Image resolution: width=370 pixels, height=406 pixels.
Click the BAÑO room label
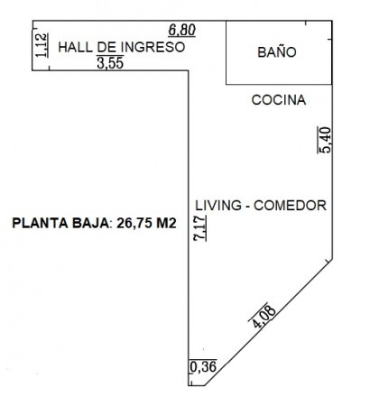click(277, 51)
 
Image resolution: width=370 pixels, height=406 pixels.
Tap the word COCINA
click(279, 100)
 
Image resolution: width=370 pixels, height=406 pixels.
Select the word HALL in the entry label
click(76, 47)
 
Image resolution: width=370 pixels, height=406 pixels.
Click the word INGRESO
click(153, 47)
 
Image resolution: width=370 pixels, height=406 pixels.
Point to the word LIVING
click(218, 206)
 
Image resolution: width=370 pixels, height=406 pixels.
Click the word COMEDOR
click(290, 206)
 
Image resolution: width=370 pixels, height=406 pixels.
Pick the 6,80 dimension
click(182, 31)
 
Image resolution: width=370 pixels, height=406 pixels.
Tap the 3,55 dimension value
click(110, 62)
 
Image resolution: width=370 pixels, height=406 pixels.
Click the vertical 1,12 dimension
click(42, 45)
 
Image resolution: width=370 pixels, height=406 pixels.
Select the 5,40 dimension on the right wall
click(325, 140)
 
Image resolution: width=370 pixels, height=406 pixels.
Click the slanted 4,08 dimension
click(263, 317)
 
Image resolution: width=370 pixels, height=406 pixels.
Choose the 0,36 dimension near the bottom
click(203, 366)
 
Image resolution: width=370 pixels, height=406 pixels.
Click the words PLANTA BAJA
click(60, 223)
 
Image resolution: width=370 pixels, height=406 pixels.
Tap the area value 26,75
click(134, 224)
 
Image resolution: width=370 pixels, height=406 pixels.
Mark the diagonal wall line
click(268, 322)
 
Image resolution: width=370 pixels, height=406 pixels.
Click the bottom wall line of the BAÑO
click(279, 84)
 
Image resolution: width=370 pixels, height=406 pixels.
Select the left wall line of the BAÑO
click(227, 52)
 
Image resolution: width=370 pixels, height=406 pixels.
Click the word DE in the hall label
click(106, 47)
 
